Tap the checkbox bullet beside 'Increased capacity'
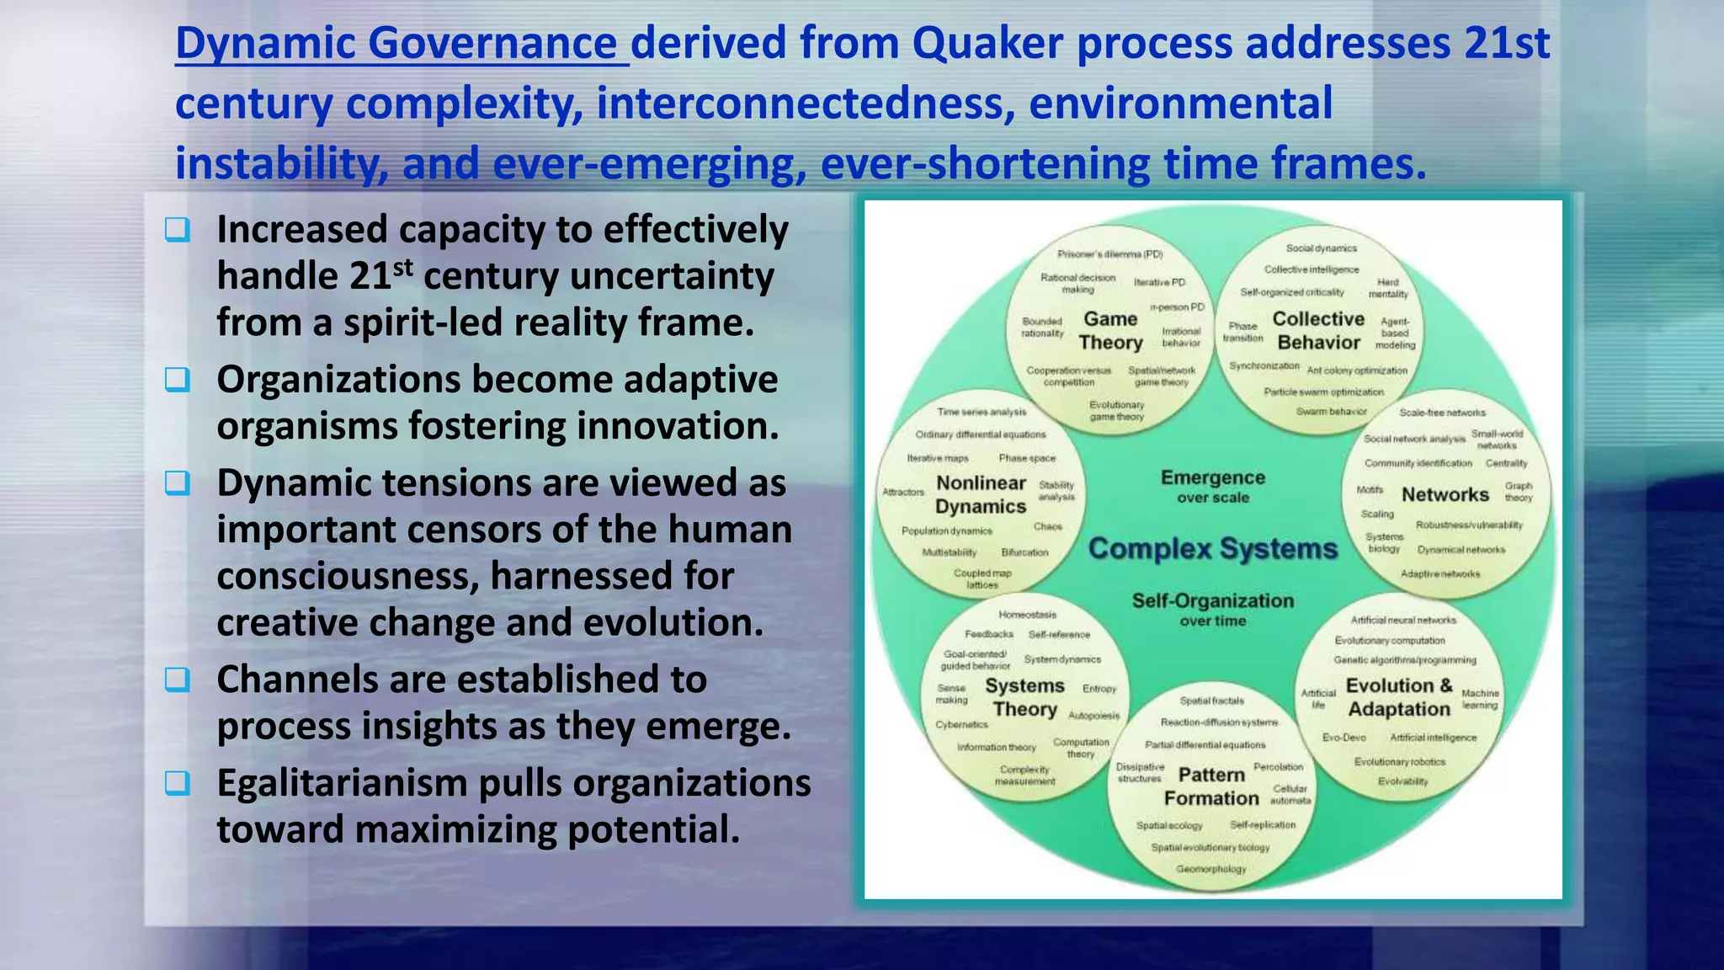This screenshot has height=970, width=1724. point(178,229)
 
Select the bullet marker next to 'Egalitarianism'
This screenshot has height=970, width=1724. point(178,783)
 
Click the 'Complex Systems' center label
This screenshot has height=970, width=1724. point(1212,549)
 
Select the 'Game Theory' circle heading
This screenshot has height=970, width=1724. point(1110,331)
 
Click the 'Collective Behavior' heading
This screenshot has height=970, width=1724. point(1318,331)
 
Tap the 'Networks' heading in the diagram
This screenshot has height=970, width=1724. point(1445,495)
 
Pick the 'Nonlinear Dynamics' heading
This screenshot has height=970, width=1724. point(981,495)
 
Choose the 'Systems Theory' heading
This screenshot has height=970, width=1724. point(1024,698)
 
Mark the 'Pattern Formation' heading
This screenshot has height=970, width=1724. point(1211,786)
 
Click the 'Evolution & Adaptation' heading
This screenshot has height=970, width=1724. point(1399,698)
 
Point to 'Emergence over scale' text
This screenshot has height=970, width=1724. point(1212,487)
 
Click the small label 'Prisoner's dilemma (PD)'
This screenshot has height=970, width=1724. point(1109,254)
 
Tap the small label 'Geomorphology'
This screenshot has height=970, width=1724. point(1211,869)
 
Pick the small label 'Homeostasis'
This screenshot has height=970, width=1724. point(1027,615)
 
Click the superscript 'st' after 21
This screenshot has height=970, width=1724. point(403,267)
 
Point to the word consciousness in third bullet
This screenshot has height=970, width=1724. point(348,577)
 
